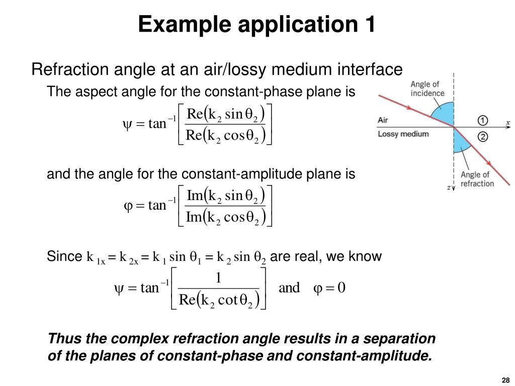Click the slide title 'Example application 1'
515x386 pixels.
[257, 24]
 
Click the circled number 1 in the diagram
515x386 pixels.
[482, 121]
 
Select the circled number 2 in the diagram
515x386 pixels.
[482, 136]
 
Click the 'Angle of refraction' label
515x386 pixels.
[477, 179]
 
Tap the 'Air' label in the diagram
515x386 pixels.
[383, 121]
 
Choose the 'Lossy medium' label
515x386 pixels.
[403, 134]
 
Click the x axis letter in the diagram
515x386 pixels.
[507, 122]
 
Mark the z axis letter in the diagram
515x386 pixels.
[448, 187]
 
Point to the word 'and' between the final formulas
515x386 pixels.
[289, 287]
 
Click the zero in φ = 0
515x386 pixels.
[341, 287]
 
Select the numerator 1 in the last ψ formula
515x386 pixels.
[218, 278]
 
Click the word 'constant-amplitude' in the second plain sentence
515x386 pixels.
[274, 174]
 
